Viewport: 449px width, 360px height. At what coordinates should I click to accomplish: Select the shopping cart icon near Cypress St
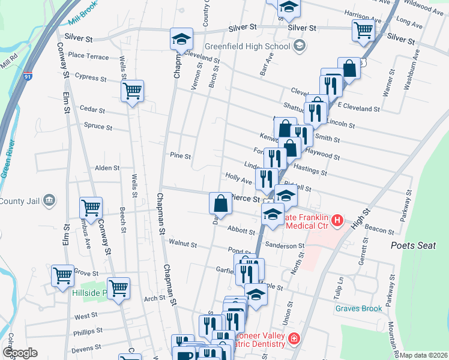132,92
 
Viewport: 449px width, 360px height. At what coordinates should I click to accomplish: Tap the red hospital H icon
337,221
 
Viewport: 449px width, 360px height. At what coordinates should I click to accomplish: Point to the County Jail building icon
50,200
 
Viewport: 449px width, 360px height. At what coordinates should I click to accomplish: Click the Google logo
20,353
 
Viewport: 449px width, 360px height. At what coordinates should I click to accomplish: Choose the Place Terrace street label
88,56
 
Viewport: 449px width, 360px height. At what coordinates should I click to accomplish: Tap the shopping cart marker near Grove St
62,276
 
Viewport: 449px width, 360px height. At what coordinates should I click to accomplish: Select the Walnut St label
182,244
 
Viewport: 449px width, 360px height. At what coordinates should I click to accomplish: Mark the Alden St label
107,169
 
